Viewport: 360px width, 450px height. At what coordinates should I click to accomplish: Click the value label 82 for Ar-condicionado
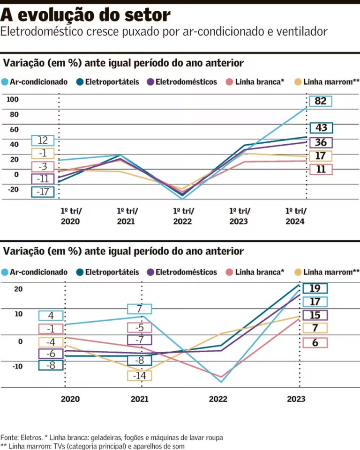pos(321,101)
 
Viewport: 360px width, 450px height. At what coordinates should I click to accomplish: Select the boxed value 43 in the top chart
pos(321,128)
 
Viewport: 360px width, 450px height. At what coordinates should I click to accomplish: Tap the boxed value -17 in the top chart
pos(43,192)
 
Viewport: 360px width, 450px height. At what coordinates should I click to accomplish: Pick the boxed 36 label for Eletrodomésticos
pos(321,143)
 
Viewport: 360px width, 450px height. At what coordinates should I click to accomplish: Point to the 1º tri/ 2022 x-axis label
pos(182,216)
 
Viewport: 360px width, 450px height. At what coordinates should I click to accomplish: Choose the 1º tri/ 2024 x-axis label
pos(295,216)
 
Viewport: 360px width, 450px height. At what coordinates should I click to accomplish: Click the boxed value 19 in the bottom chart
pos(315,289)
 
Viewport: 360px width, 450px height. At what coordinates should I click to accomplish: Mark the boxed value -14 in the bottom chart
pos(140,376)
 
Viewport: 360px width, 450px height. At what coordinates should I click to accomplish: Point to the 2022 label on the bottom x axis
pos(218,399)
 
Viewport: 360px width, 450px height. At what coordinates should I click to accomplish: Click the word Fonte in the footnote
pos(10,437)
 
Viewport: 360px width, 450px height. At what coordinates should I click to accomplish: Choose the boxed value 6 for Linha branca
pos(315,343)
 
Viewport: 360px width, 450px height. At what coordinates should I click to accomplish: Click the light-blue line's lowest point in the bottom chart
pos(221,382)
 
